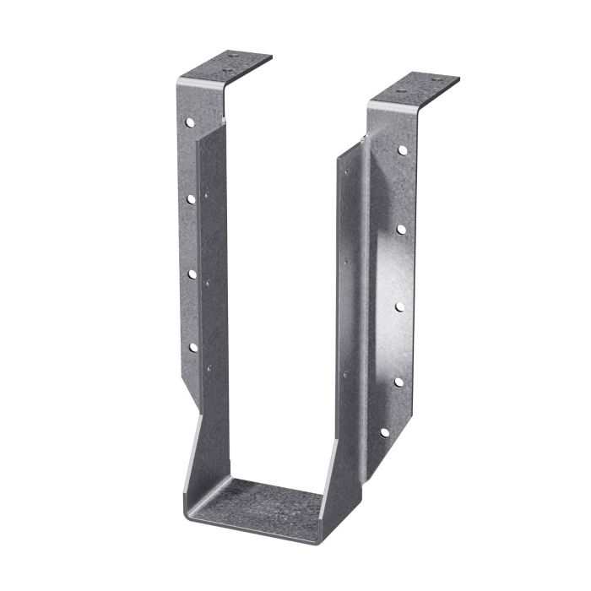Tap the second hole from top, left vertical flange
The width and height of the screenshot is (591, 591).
tap(192, 199)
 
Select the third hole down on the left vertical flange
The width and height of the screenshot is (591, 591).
tap(192, 274)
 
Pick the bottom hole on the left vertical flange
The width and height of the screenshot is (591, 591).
tap(192, 347)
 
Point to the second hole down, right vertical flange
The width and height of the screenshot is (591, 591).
tap(401, 229)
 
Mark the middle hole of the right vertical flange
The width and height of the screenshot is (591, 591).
tap(399, 306)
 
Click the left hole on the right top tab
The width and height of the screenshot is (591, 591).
tap(401, 87)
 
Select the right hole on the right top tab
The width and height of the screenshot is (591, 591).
tap(436, 80)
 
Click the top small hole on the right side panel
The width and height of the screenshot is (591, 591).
tap(345, 173)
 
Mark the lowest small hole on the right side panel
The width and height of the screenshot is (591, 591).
tap(344, 373)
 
